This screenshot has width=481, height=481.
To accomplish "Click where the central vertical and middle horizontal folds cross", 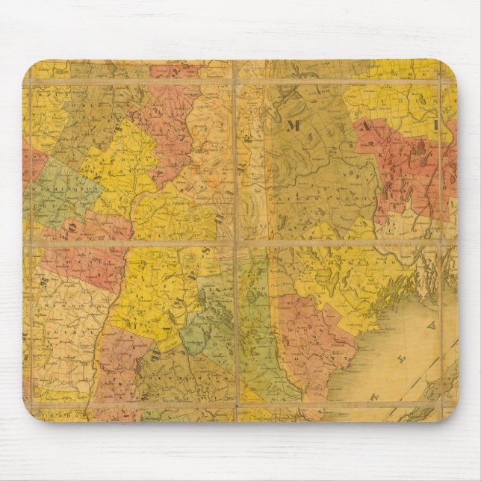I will pos(236,243).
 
